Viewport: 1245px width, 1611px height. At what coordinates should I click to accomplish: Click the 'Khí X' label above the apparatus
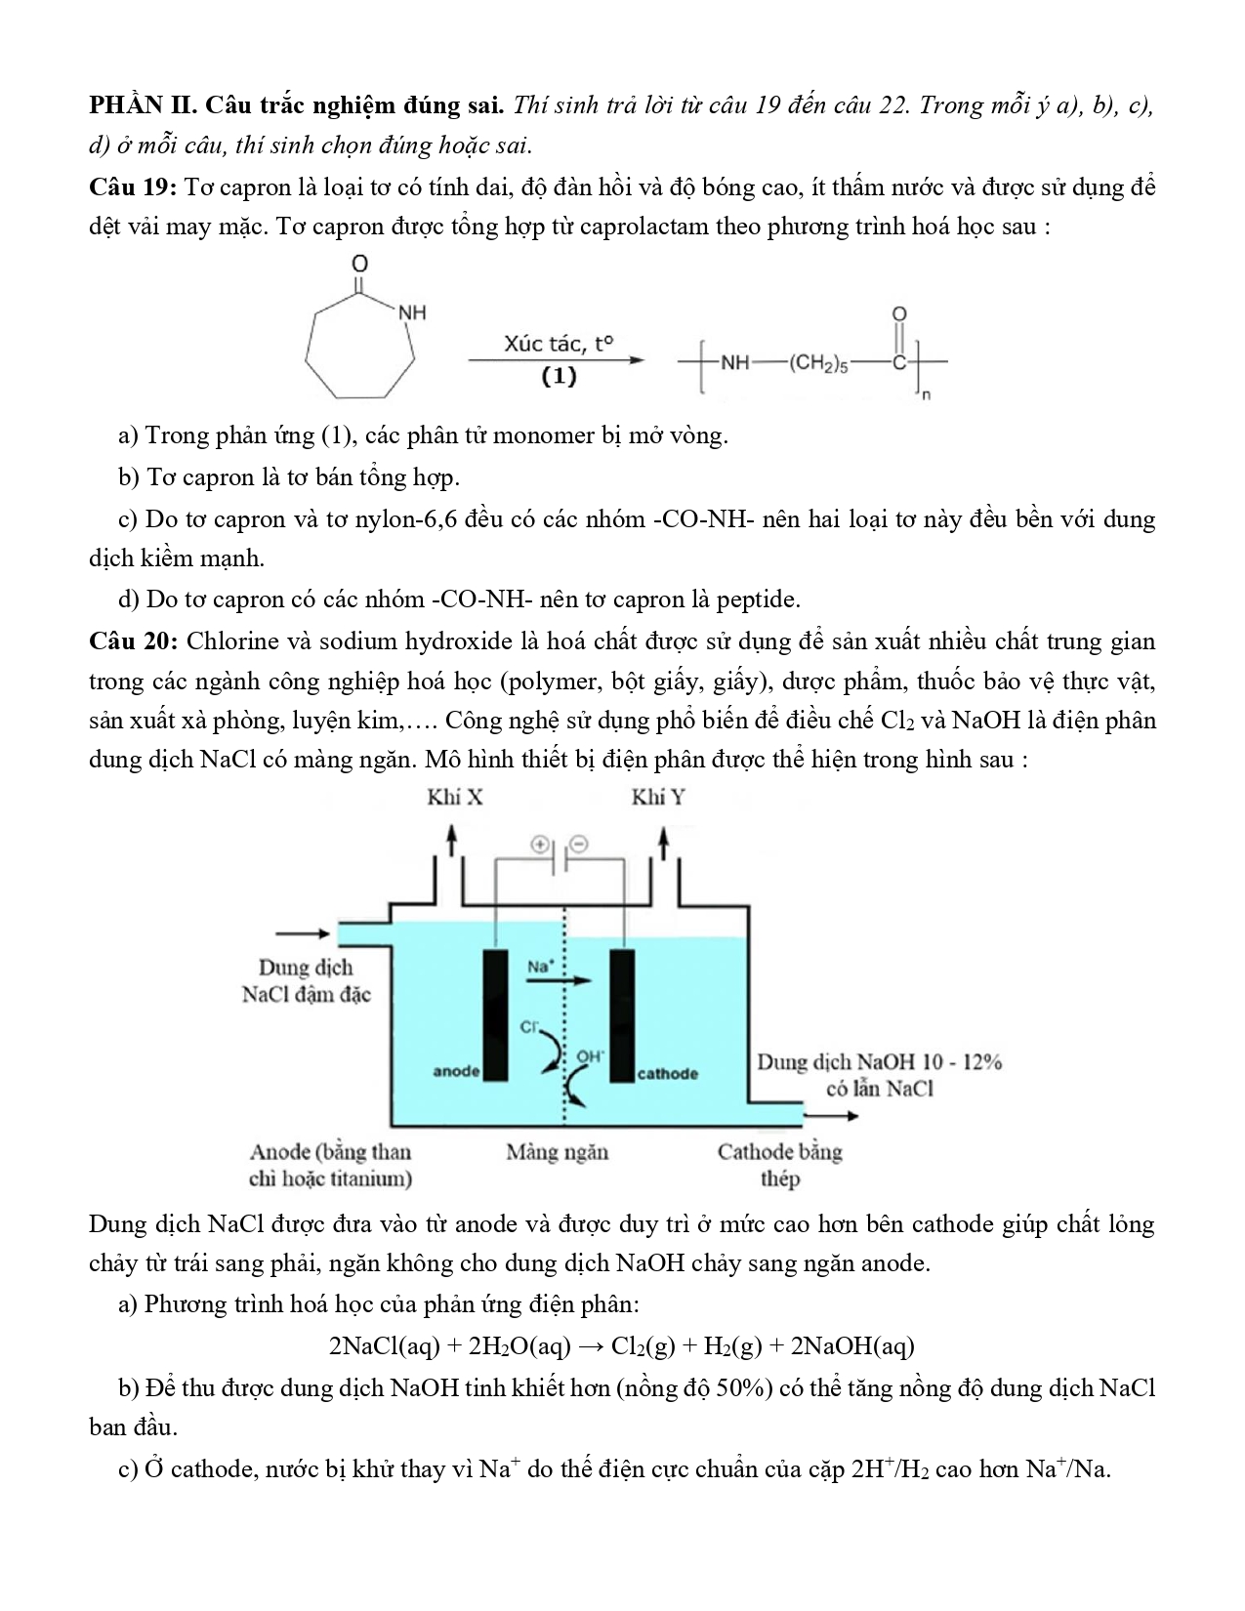454,798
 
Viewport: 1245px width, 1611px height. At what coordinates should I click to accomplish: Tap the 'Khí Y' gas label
658,798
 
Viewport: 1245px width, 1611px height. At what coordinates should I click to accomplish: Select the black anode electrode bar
495,1014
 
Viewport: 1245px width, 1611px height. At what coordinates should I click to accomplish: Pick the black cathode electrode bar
622,1014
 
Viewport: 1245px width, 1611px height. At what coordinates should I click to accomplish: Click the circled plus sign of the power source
539,844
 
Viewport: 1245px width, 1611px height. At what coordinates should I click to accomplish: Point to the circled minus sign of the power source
579,844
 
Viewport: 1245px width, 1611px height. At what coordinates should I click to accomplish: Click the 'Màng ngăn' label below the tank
557,1152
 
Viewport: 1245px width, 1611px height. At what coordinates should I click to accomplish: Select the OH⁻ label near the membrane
590,1056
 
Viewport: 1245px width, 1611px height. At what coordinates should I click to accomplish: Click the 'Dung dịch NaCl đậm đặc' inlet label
306,981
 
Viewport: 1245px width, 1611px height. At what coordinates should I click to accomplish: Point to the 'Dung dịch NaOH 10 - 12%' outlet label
879,1062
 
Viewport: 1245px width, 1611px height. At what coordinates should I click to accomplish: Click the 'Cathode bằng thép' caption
779,1165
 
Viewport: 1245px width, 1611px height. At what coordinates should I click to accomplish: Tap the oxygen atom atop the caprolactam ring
359,264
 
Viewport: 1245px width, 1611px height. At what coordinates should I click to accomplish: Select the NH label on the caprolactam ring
412,313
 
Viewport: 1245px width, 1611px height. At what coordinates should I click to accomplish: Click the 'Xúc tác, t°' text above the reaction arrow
559,344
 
